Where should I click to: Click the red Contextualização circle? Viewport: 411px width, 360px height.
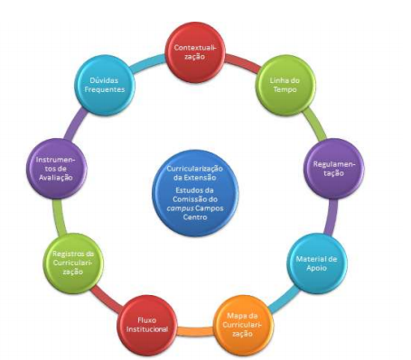[x=195, y=52]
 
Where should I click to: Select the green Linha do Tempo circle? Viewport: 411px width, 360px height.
[x=285, y=85]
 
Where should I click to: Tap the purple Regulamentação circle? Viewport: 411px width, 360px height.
[x=334, y=169]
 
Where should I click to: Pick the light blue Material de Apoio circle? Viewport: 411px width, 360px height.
[x=317, y=263]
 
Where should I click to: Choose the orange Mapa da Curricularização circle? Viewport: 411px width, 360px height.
[x=243, y=325]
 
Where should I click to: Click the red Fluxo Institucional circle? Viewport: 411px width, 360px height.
[x=147, y=325]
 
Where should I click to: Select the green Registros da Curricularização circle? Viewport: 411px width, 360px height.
[x=73, y=263]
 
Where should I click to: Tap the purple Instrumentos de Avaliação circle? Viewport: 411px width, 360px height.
[x=57, y=169]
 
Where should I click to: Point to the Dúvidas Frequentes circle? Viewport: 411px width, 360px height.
[x=105, y=85]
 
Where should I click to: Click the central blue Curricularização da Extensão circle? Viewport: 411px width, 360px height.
[x=195, y=193]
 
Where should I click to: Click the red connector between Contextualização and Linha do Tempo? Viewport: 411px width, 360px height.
[x=242, y=63]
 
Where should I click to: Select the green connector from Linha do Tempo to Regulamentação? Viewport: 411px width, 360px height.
[x=314, y=124]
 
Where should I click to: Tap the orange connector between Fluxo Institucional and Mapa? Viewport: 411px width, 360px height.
[x=196, y=331]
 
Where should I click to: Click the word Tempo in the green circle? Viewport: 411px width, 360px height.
[x=285, y=90]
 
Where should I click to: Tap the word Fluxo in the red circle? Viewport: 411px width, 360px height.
[x=147, y=320]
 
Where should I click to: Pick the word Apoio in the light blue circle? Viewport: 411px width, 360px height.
[x=316, y=268]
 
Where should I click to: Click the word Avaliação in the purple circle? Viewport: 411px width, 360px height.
[x=56, y=178]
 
